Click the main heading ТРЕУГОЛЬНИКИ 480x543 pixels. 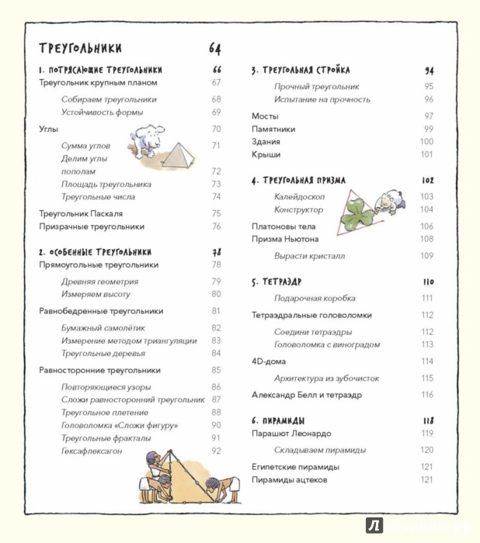[x=80, y=48]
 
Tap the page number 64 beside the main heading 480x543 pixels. [x=215, y=49]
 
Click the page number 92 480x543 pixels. [x=216, y=451]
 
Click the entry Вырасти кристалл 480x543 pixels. [x=309, y=256]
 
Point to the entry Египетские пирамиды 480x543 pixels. [x=295, y=467]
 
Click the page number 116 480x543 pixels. [x=427, y=395]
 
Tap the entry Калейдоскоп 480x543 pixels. [x=299, y=197]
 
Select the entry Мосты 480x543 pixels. [x=265, y=116]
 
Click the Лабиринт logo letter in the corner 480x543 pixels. [x=375, y=525]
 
